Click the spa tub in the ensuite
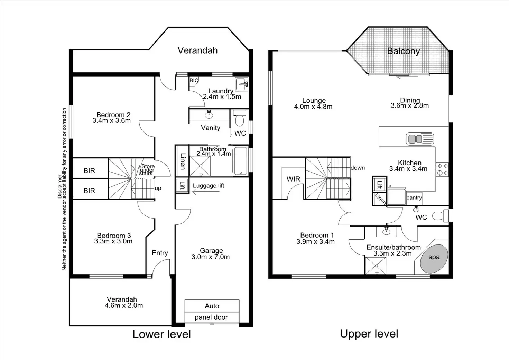pyautogui.click(x=434, y=259)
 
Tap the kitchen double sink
pyautogui.click(x=420, y=139)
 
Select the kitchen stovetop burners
pyautogui.click(x=442, y=169)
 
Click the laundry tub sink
pyautogui.click(x=242, y=84)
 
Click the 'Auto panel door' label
pyautogui.click(x=212, y=311)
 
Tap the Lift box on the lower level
pyautogui.click(x=182, y=186)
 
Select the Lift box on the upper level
pyautogui.click(x=379, y=184)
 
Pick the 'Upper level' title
pyautogui.click(x=369, y=334)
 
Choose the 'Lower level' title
pyautogui.click(x=161, y=334)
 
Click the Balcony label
pyautogui.click(x=403, y=51)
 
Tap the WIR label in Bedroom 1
pyautogui.click(x=293, y=179)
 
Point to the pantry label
pyautogui.click(x=414, y=198)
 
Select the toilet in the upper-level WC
pyautogui.click(x=439, y=216)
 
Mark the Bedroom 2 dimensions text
pyautogui.click(x=112, y=121)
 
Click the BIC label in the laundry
pyautogui.click(x=194, y=80)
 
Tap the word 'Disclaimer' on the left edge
pyautogui.click(x=59, y=187)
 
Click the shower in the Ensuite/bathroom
pyautogui.click(x=376, y=266)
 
